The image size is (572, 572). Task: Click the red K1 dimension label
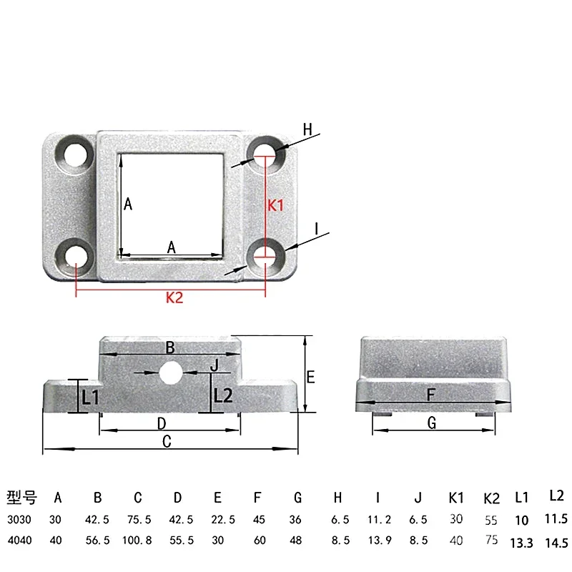(x=276, y=205)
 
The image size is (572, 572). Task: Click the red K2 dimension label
(x=174, y=299)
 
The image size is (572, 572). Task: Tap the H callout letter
(x=307, y=129)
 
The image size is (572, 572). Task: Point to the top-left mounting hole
(x=74, y=153)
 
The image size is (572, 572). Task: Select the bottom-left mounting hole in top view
(x=74, y=255)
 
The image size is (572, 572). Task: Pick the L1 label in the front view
(x=90, y=398)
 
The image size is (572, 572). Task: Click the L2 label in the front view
(x=223, y=395)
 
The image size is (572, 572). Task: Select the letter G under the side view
(x=431, y=423)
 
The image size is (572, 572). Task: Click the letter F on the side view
(x=430, y=393)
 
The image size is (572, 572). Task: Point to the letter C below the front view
(x=167, y=443)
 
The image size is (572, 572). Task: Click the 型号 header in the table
(x=21, y=498)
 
